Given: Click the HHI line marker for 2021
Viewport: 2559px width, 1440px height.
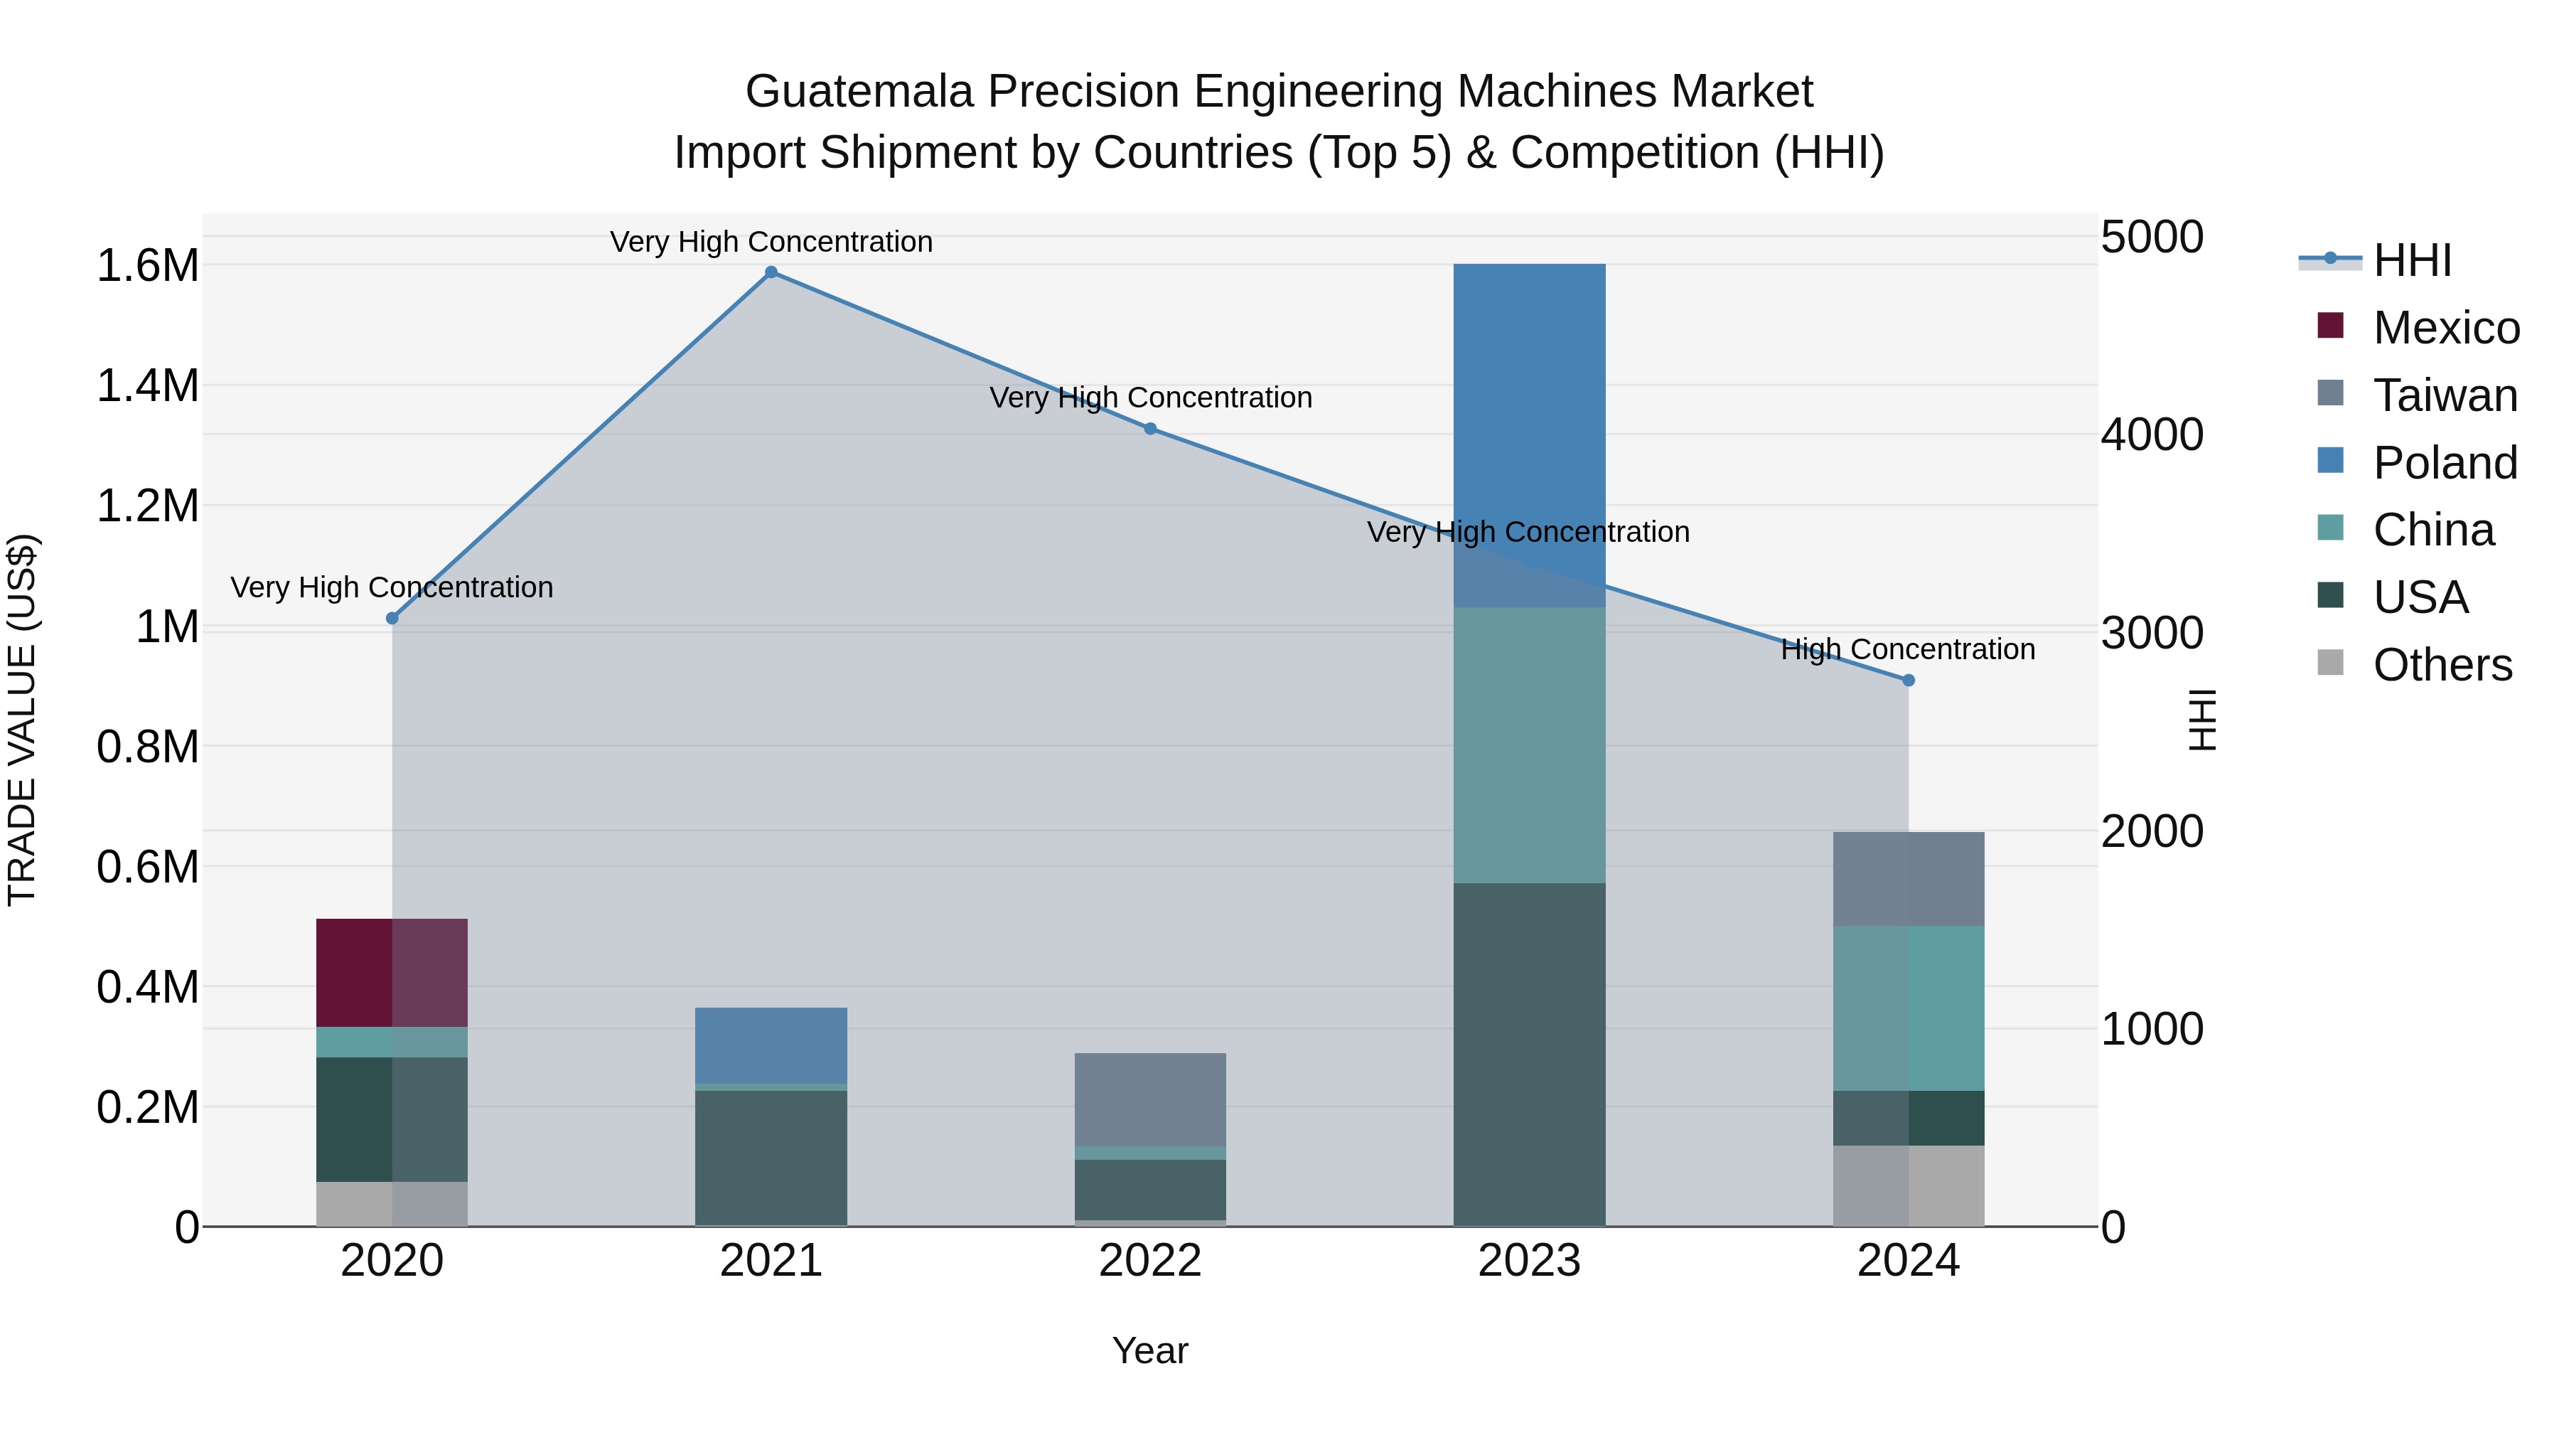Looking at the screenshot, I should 771,272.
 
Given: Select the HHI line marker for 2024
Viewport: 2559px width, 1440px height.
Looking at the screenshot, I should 1909,681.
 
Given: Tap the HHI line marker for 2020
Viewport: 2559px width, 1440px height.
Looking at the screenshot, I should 392,618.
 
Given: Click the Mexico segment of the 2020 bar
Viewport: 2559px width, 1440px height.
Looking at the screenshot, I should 392,972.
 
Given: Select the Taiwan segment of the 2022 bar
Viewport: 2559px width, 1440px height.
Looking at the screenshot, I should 1150,1099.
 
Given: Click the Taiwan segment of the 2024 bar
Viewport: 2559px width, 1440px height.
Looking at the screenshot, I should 1909,878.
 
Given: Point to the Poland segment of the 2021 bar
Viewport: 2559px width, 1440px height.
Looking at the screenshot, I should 771,1045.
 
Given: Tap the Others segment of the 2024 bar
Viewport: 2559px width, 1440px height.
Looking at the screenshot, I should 1909,1185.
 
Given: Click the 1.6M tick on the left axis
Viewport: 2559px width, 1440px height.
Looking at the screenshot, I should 147,267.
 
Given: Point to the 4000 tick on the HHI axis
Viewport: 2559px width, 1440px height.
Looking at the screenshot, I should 2152,435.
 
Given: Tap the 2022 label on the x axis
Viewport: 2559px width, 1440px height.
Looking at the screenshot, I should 1150,1261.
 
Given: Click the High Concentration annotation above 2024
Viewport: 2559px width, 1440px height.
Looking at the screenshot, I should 1909,650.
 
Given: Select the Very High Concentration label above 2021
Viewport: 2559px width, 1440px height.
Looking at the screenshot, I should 771,242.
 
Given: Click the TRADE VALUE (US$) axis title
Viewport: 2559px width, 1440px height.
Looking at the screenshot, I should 22,720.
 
